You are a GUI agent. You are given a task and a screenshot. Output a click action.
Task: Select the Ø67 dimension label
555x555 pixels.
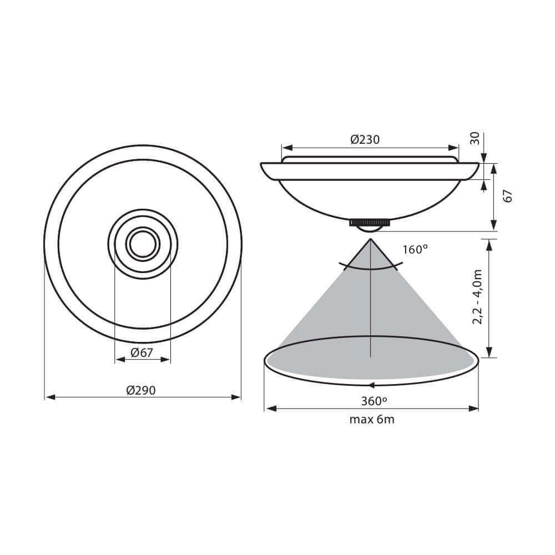(x=142, y=352)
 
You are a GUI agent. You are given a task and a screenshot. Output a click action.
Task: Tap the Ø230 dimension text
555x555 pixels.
(x=365, y=140)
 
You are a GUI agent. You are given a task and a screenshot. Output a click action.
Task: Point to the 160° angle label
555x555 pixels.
(x=415, y=250)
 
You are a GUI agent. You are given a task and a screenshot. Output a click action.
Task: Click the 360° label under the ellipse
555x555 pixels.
(x=371, y=400)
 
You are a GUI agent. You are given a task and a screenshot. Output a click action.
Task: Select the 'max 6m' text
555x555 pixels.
(x=371, y=420)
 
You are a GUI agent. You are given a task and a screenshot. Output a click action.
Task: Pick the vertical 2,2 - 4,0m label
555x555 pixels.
(x=477, y=298)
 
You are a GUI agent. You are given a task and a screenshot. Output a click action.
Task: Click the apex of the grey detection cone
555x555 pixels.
(x=370, y=239)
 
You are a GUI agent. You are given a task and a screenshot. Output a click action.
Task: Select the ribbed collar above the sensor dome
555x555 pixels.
(x=370, y=223)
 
